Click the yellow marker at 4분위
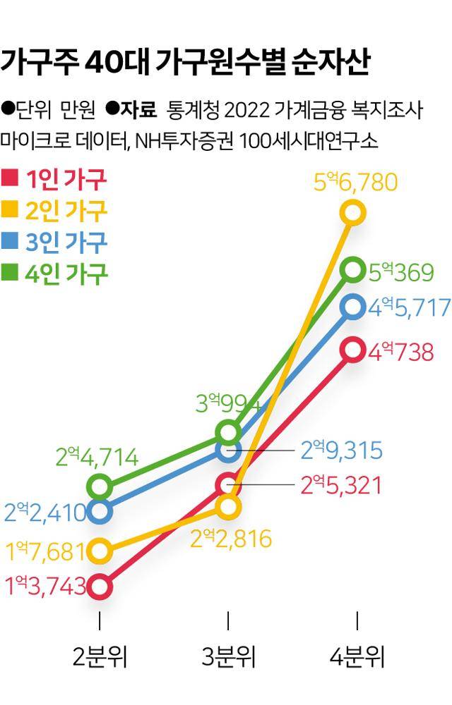pyautogui.click(x=353, y=211)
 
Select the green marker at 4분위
pyautogui.click(x=353, y=269)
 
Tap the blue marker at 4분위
pyautogui.click(x=353, y=307)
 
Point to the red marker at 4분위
pyautogui.click(x=353, y=350)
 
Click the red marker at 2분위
pyautogui.click(x=100, y=586)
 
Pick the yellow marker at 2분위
pyautogui.click(x=100, y=550)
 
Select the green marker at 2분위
pyautogui.click(x=100, y=486)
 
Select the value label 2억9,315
pyautogui.click(x=341, y=450)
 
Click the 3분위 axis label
pyautogui.click(x=228, y=657)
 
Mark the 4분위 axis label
pyautogui.click(x=357, y=657)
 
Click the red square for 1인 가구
pyautogui.click(x=10, y=178)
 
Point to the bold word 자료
pyautogui.click(x=138, y=110)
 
